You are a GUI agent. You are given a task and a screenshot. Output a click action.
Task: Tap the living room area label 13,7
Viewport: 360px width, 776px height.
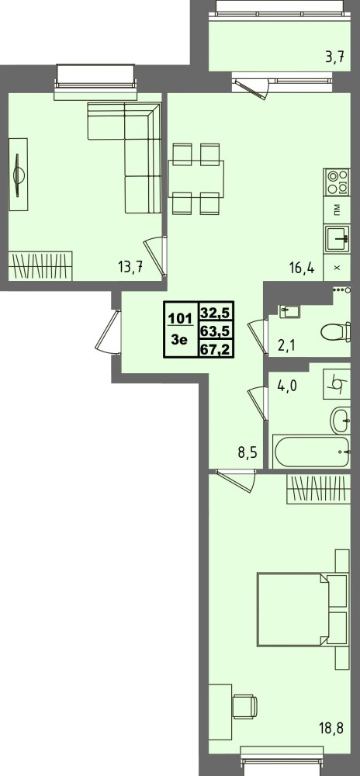[130, 268]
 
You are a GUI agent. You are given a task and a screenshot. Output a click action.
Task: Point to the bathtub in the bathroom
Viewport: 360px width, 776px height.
[312, 451]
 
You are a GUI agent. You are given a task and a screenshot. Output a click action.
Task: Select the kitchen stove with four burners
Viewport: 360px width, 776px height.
[336, 182]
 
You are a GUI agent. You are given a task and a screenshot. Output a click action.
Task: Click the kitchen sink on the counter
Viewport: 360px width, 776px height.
[337, 240]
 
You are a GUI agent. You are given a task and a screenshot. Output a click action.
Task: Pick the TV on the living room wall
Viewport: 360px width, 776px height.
[19, 175]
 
